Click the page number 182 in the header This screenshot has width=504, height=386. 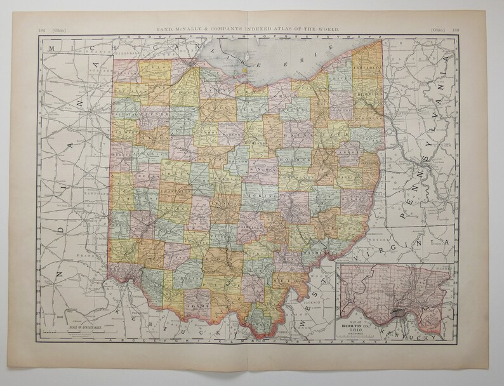coord(41,28)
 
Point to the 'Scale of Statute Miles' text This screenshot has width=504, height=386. coord(82,328)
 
